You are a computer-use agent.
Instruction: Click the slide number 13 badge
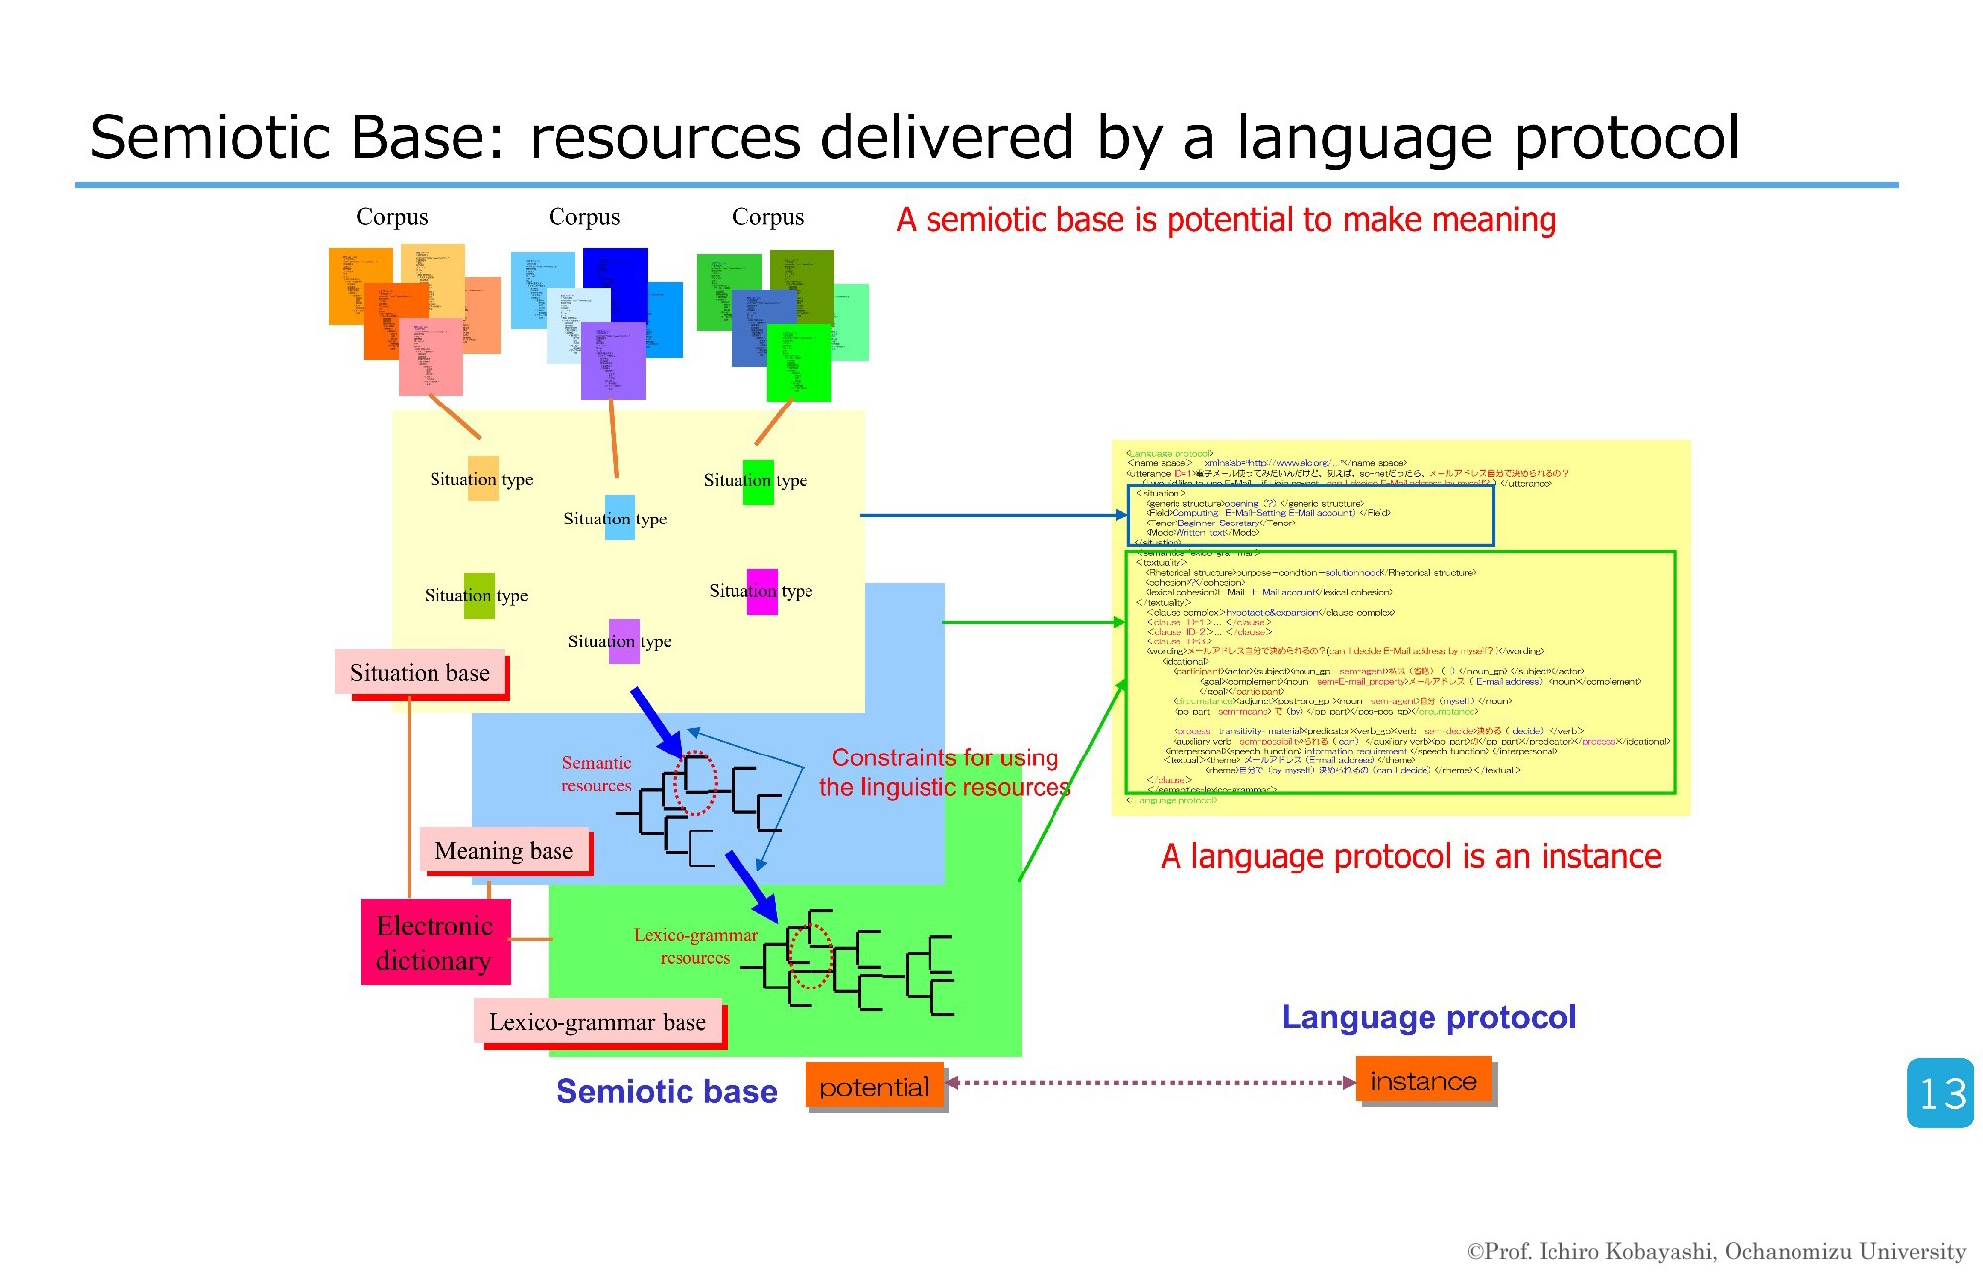click(1939, 1093)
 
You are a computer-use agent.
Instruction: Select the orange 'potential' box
click(874, 1087)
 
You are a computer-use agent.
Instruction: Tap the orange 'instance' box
click(1424, 1081)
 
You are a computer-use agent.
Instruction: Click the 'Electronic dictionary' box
click(435, 942)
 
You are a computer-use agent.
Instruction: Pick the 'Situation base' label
click(420, 673)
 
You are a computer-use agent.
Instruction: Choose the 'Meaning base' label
click(504, 851)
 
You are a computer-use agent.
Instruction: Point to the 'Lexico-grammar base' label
click(598, 1022)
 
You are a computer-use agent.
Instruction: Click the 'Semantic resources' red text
click(596, 774)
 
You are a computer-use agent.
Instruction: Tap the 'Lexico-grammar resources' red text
click(695, 946)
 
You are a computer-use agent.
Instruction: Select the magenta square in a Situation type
click(762, 591)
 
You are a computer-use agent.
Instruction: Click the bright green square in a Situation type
click(758, 482)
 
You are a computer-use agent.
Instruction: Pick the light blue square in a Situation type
click(619, 518)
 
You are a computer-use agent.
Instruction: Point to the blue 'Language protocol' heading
click(1428, 1017)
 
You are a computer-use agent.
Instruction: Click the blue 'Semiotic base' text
click(667, 1091)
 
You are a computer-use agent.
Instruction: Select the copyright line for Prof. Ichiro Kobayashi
click(1716, 1252)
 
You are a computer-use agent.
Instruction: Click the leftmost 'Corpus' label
click(392, 217)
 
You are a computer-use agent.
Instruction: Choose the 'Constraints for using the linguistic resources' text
click(944, 772)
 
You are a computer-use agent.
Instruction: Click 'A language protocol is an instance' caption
click(1411, 856)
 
